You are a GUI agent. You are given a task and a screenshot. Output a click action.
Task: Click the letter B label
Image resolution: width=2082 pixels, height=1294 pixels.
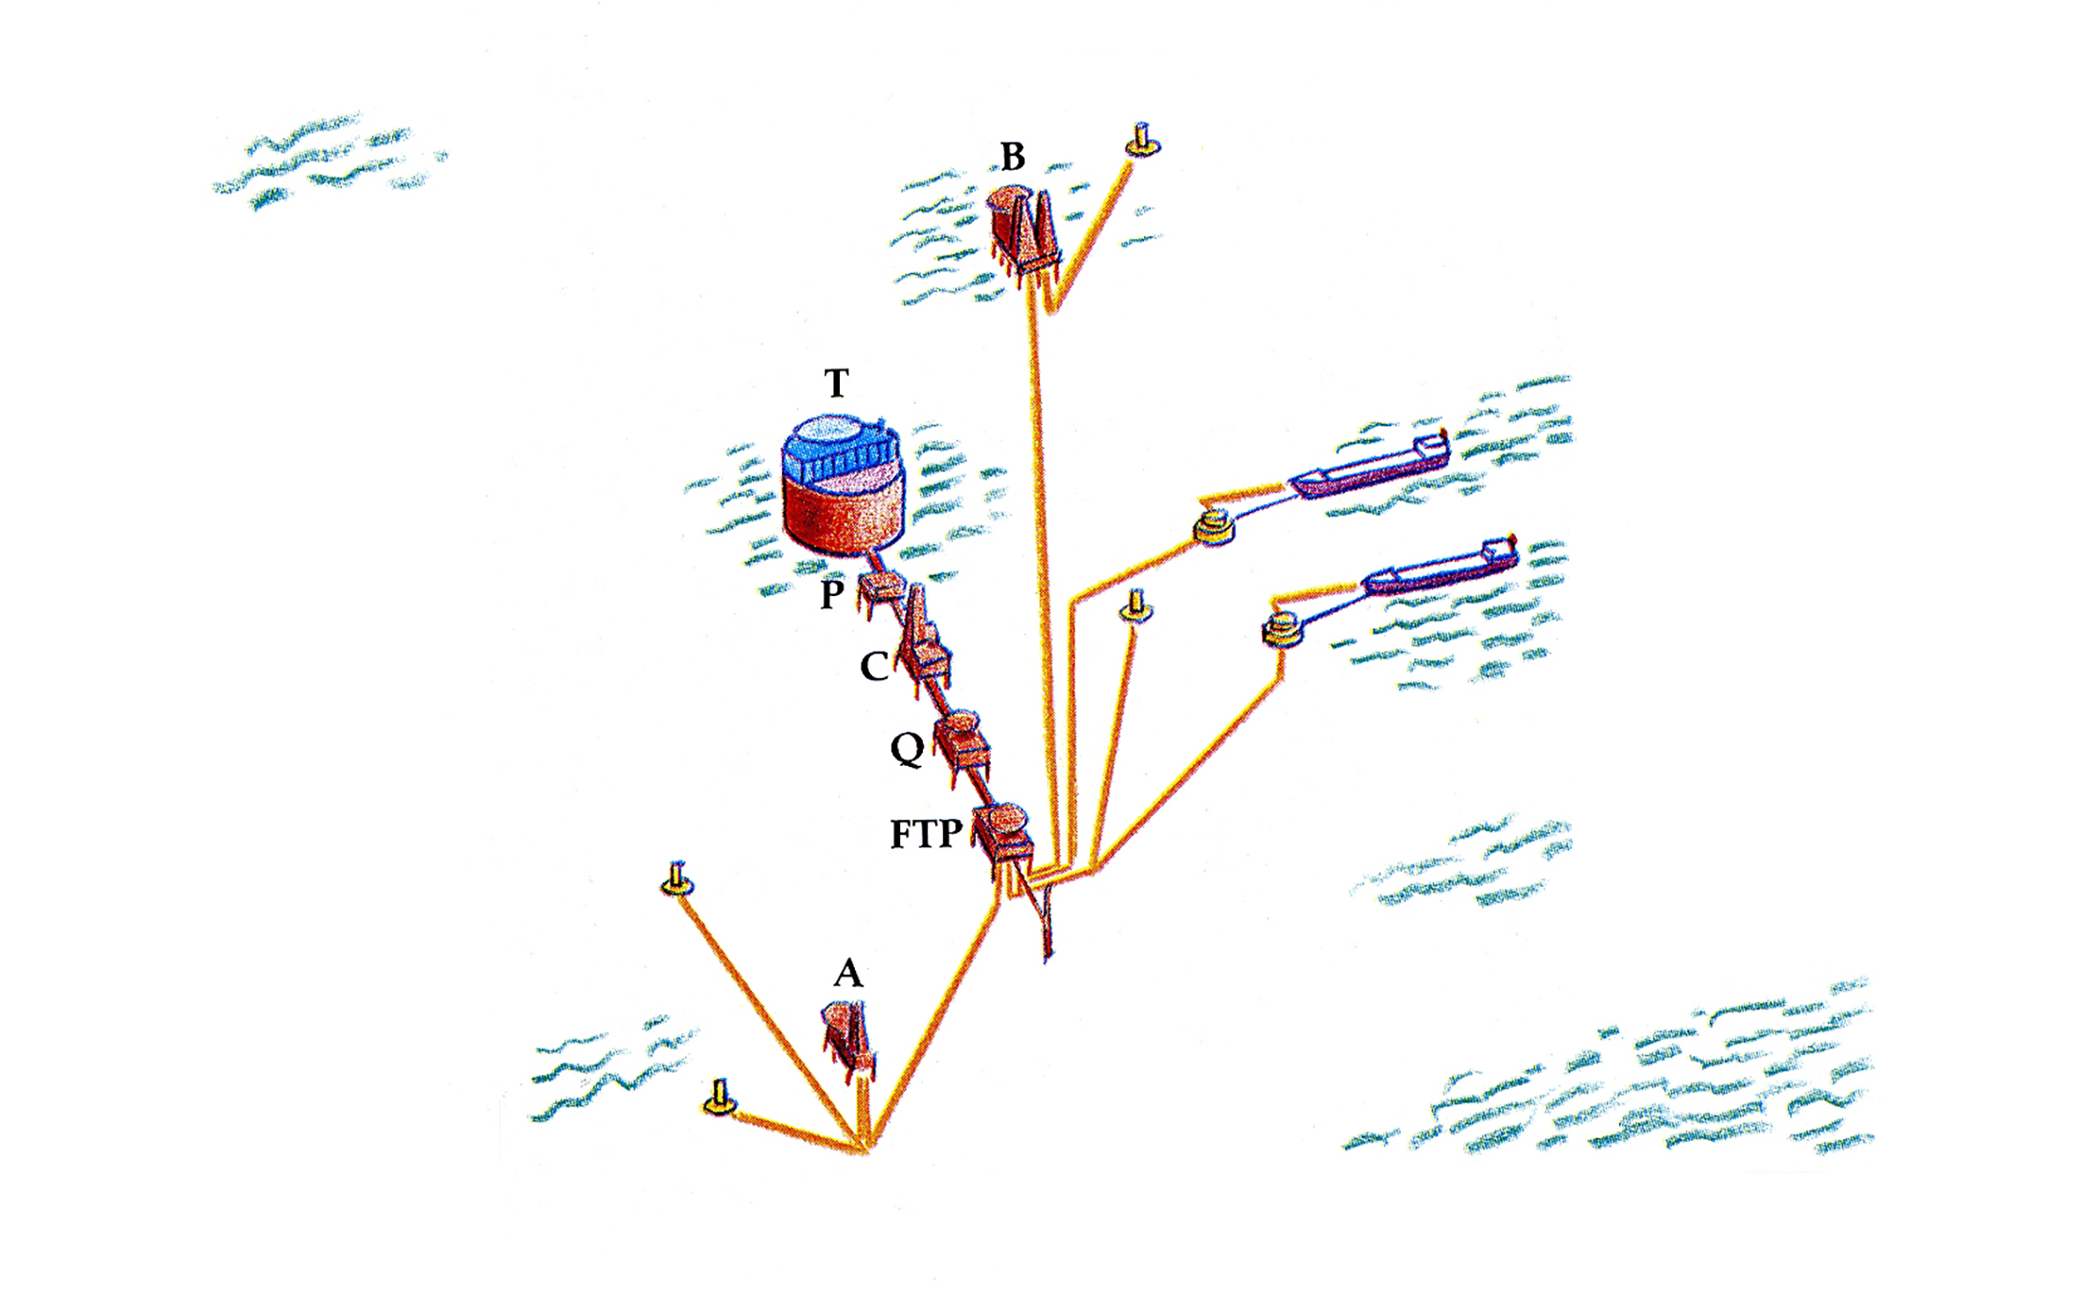tap(1013, 156)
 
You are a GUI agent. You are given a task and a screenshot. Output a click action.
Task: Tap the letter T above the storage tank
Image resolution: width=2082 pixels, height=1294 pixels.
tap(837, 383)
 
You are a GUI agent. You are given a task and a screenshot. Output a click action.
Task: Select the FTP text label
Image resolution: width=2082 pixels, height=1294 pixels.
tap(926, 833)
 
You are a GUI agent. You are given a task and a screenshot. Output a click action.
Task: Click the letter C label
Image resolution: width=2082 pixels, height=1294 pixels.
tap(874, 667)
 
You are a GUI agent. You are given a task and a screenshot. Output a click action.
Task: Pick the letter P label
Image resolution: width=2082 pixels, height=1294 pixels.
tap(832, 595)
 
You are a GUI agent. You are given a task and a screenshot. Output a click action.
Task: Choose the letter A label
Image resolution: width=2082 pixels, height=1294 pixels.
tap(848, 973)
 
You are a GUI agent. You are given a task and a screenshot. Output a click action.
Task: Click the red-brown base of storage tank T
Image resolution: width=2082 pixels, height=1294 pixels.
tap(844, 516)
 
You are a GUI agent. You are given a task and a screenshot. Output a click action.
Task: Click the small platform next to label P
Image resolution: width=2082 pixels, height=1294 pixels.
tap(882, 591)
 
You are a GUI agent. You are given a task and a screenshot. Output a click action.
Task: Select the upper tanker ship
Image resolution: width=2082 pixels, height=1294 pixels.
tap(1368, 465)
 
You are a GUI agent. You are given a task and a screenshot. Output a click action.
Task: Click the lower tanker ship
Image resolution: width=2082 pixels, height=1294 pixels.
tap(1440, 568)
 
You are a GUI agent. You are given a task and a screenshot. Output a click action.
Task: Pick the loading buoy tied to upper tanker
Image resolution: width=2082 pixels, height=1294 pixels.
tap(1214, 528)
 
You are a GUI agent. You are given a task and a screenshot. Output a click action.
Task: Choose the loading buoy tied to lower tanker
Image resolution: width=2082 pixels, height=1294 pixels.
tap(1283, 628)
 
